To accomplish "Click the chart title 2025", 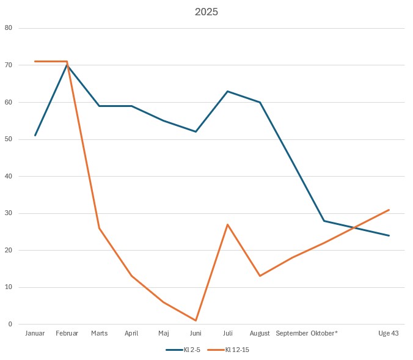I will [x=206, y=12].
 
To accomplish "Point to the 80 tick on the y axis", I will [x=8, y=28].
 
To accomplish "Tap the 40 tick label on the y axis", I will [x=8, y=176].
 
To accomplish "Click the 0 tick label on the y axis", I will [x=10, y=325].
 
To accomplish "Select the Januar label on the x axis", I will [x=35, y=334].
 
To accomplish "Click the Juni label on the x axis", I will [x=196, y=334].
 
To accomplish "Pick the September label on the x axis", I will [x=292, y=334].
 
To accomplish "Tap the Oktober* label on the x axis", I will [x=324, y=334].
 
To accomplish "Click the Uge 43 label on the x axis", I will [x=389, y=334].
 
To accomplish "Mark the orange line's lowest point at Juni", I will [x=196, y=320].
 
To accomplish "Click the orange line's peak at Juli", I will [x=228, y=224].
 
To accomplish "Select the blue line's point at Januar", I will [x=35, y=136].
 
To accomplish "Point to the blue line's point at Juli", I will [x=228, y=91].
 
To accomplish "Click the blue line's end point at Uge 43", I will [x=389, y=235].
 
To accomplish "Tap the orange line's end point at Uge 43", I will [x=389, y=210].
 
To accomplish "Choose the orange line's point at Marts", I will [x=99, y=228].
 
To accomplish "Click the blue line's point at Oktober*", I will [x=324, y=221].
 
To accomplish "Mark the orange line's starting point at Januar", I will [x=35, y=61].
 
